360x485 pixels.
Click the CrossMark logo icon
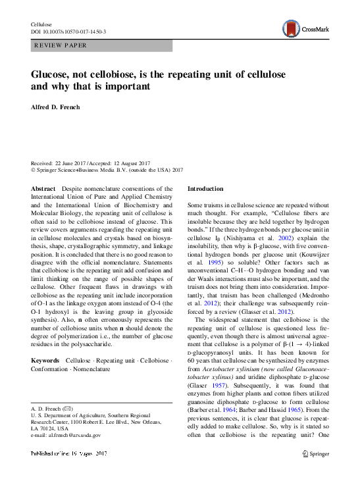pos(290,28)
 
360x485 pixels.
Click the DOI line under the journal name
pos(68,32)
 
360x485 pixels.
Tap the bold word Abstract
pos(43,188)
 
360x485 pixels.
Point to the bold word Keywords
pos(45,361)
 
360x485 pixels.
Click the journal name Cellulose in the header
pos(41,24)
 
